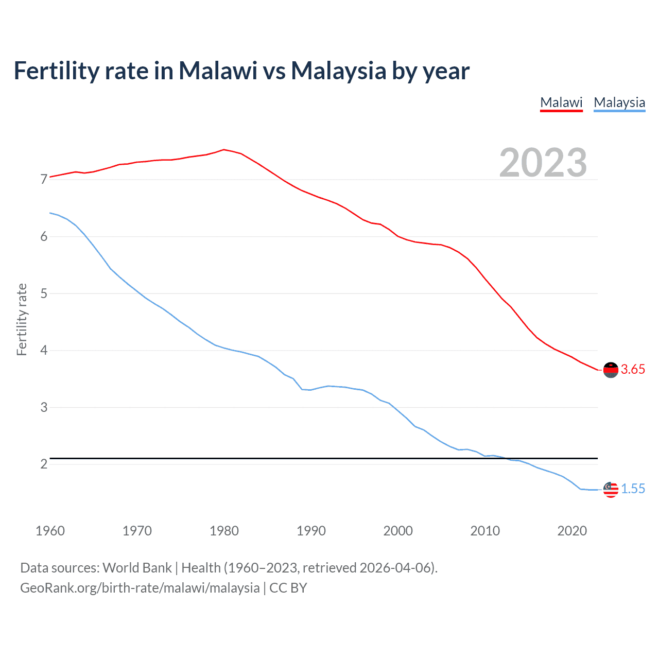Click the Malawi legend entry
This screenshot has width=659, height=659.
(561, 102)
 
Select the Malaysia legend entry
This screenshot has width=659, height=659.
(619, 102)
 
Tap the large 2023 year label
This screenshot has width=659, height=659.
(543, 163)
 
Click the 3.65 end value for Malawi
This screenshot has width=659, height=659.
(633, 370)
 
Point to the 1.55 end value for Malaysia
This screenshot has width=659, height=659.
(633, 489)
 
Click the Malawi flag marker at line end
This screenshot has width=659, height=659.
(611, 370)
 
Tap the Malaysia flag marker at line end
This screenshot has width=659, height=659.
(611, 490)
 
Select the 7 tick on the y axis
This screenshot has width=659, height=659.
(44, 180)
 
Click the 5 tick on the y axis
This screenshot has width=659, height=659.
(44, 293)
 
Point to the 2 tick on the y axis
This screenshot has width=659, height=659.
(44, 464)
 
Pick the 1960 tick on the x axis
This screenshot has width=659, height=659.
(50, 531)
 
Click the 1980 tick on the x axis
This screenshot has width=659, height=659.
(224, 531)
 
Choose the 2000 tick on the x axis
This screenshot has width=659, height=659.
(398, 531)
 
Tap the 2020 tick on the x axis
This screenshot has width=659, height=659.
(572, 531)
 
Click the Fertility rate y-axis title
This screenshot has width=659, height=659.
(22, 319)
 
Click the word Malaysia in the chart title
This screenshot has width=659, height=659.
(338, 71)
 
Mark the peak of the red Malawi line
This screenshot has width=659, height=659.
(223, 150)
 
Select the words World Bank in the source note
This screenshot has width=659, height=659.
(137, 568)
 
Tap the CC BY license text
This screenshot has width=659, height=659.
(288, 588)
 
